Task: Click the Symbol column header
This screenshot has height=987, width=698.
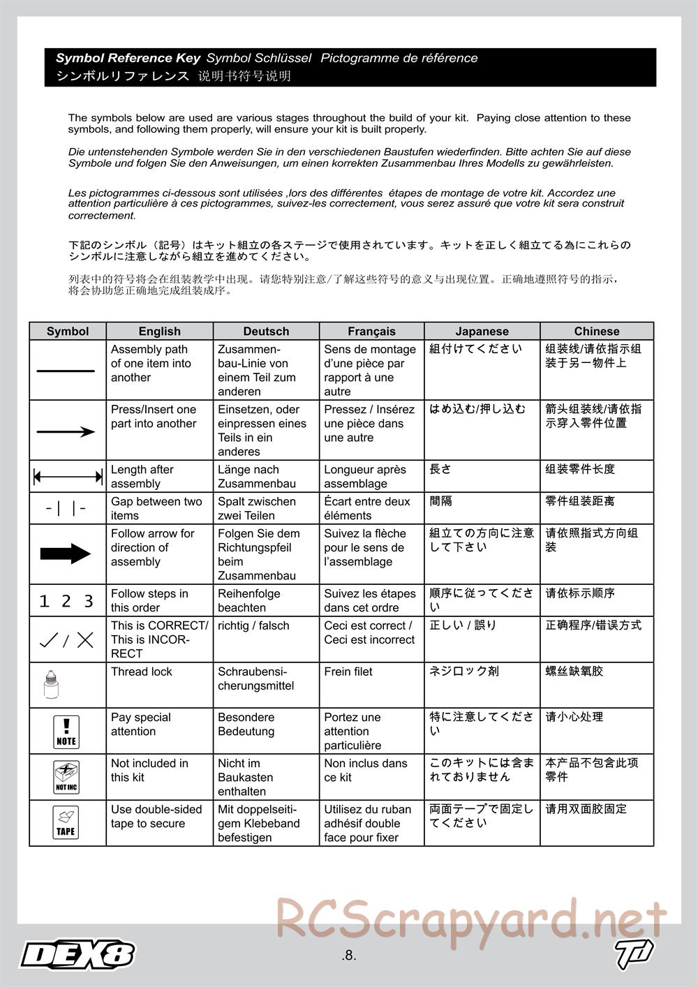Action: [68, 332]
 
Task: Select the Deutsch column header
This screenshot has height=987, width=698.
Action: [266, 332]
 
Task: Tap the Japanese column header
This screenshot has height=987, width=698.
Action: [482, 332]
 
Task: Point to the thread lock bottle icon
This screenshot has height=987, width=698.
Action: [50, 685]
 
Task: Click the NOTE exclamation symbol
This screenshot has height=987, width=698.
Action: [66, 732]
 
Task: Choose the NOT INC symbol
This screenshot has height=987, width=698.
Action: [66, 777]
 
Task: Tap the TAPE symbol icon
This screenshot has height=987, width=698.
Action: [66, 822]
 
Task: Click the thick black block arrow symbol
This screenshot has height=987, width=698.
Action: [66, 554]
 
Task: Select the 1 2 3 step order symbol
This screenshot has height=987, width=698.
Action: [66, 601]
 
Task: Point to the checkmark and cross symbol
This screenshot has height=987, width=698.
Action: [66, 639]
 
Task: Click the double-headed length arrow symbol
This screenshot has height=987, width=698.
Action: [68, 477]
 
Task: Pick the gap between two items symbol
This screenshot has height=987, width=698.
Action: [66, 509]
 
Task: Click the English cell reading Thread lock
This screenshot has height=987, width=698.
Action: [142, 672]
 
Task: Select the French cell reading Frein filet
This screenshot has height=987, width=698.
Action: [348, 672]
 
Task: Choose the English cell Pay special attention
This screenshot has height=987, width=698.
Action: [141, 725]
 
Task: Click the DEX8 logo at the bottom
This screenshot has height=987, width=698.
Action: [77, 954]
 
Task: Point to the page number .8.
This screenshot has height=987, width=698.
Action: [349, 956]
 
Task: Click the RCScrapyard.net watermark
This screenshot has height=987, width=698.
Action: [471, 920]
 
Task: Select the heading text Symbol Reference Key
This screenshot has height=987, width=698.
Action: [128, 59]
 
